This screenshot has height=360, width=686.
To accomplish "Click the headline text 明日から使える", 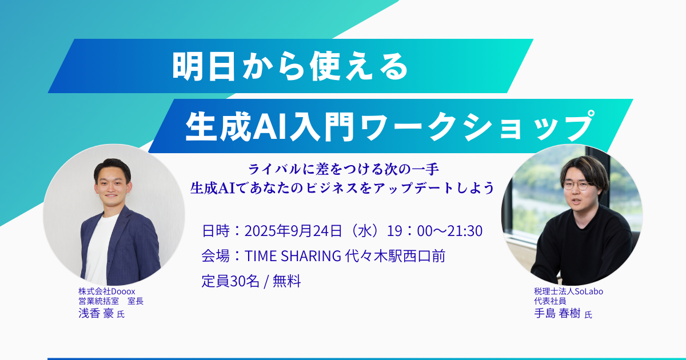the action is click(x=290, y=66).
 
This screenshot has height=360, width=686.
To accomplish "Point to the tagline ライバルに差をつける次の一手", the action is click(x=344, y=169).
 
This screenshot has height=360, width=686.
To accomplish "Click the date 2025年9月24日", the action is click(x=293, y=231).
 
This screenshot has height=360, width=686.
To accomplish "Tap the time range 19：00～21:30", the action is click(x=434, y=231).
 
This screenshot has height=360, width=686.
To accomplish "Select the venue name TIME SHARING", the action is click(x=293, y=256).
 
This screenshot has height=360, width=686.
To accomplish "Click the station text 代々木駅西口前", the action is click(x=395, y=256).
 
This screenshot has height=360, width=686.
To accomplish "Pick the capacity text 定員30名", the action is click(x=230, y=281).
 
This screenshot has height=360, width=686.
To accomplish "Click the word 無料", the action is click(x=286, y=281).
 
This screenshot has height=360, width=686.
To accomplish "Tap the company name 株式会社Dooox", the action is click(x=106, y=291).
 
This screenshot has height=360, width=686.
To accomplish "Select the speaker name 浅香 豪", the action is click(x=96, y=313).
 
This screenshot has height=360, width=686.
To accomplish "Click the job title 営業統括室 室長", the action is click(x=111, y=301).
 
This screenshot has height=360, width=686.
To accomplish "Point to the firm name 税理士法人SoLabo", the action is click(x=568, y=291).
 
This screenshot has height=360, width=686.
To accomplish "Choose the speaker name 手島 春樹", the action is click(x=557, y=314).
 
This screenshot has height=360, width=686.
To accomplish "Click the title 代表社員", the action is click(x=550, y=301).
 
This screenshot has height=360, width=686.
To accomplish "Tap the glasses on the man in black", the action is click(x=576, y=185).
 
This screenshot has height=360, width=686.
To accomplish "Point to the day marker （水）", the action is click(x=365, y=231).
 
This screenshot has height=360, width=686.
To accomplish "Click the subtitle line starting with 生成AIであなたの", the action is click(x=342, y=187).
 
